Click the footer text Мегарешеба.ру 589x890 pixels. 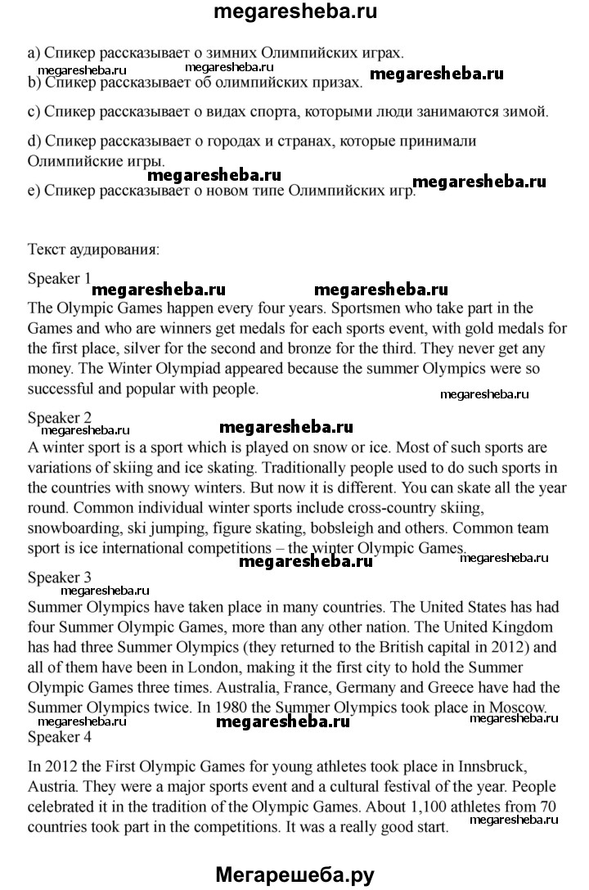pyautogui.click(x=294, y=874)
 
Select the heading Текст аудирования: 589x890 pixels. pyautogui.click(x=93, y=248)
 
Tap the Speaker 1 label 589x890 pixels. pyautogui.click(x=60, y=278)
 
